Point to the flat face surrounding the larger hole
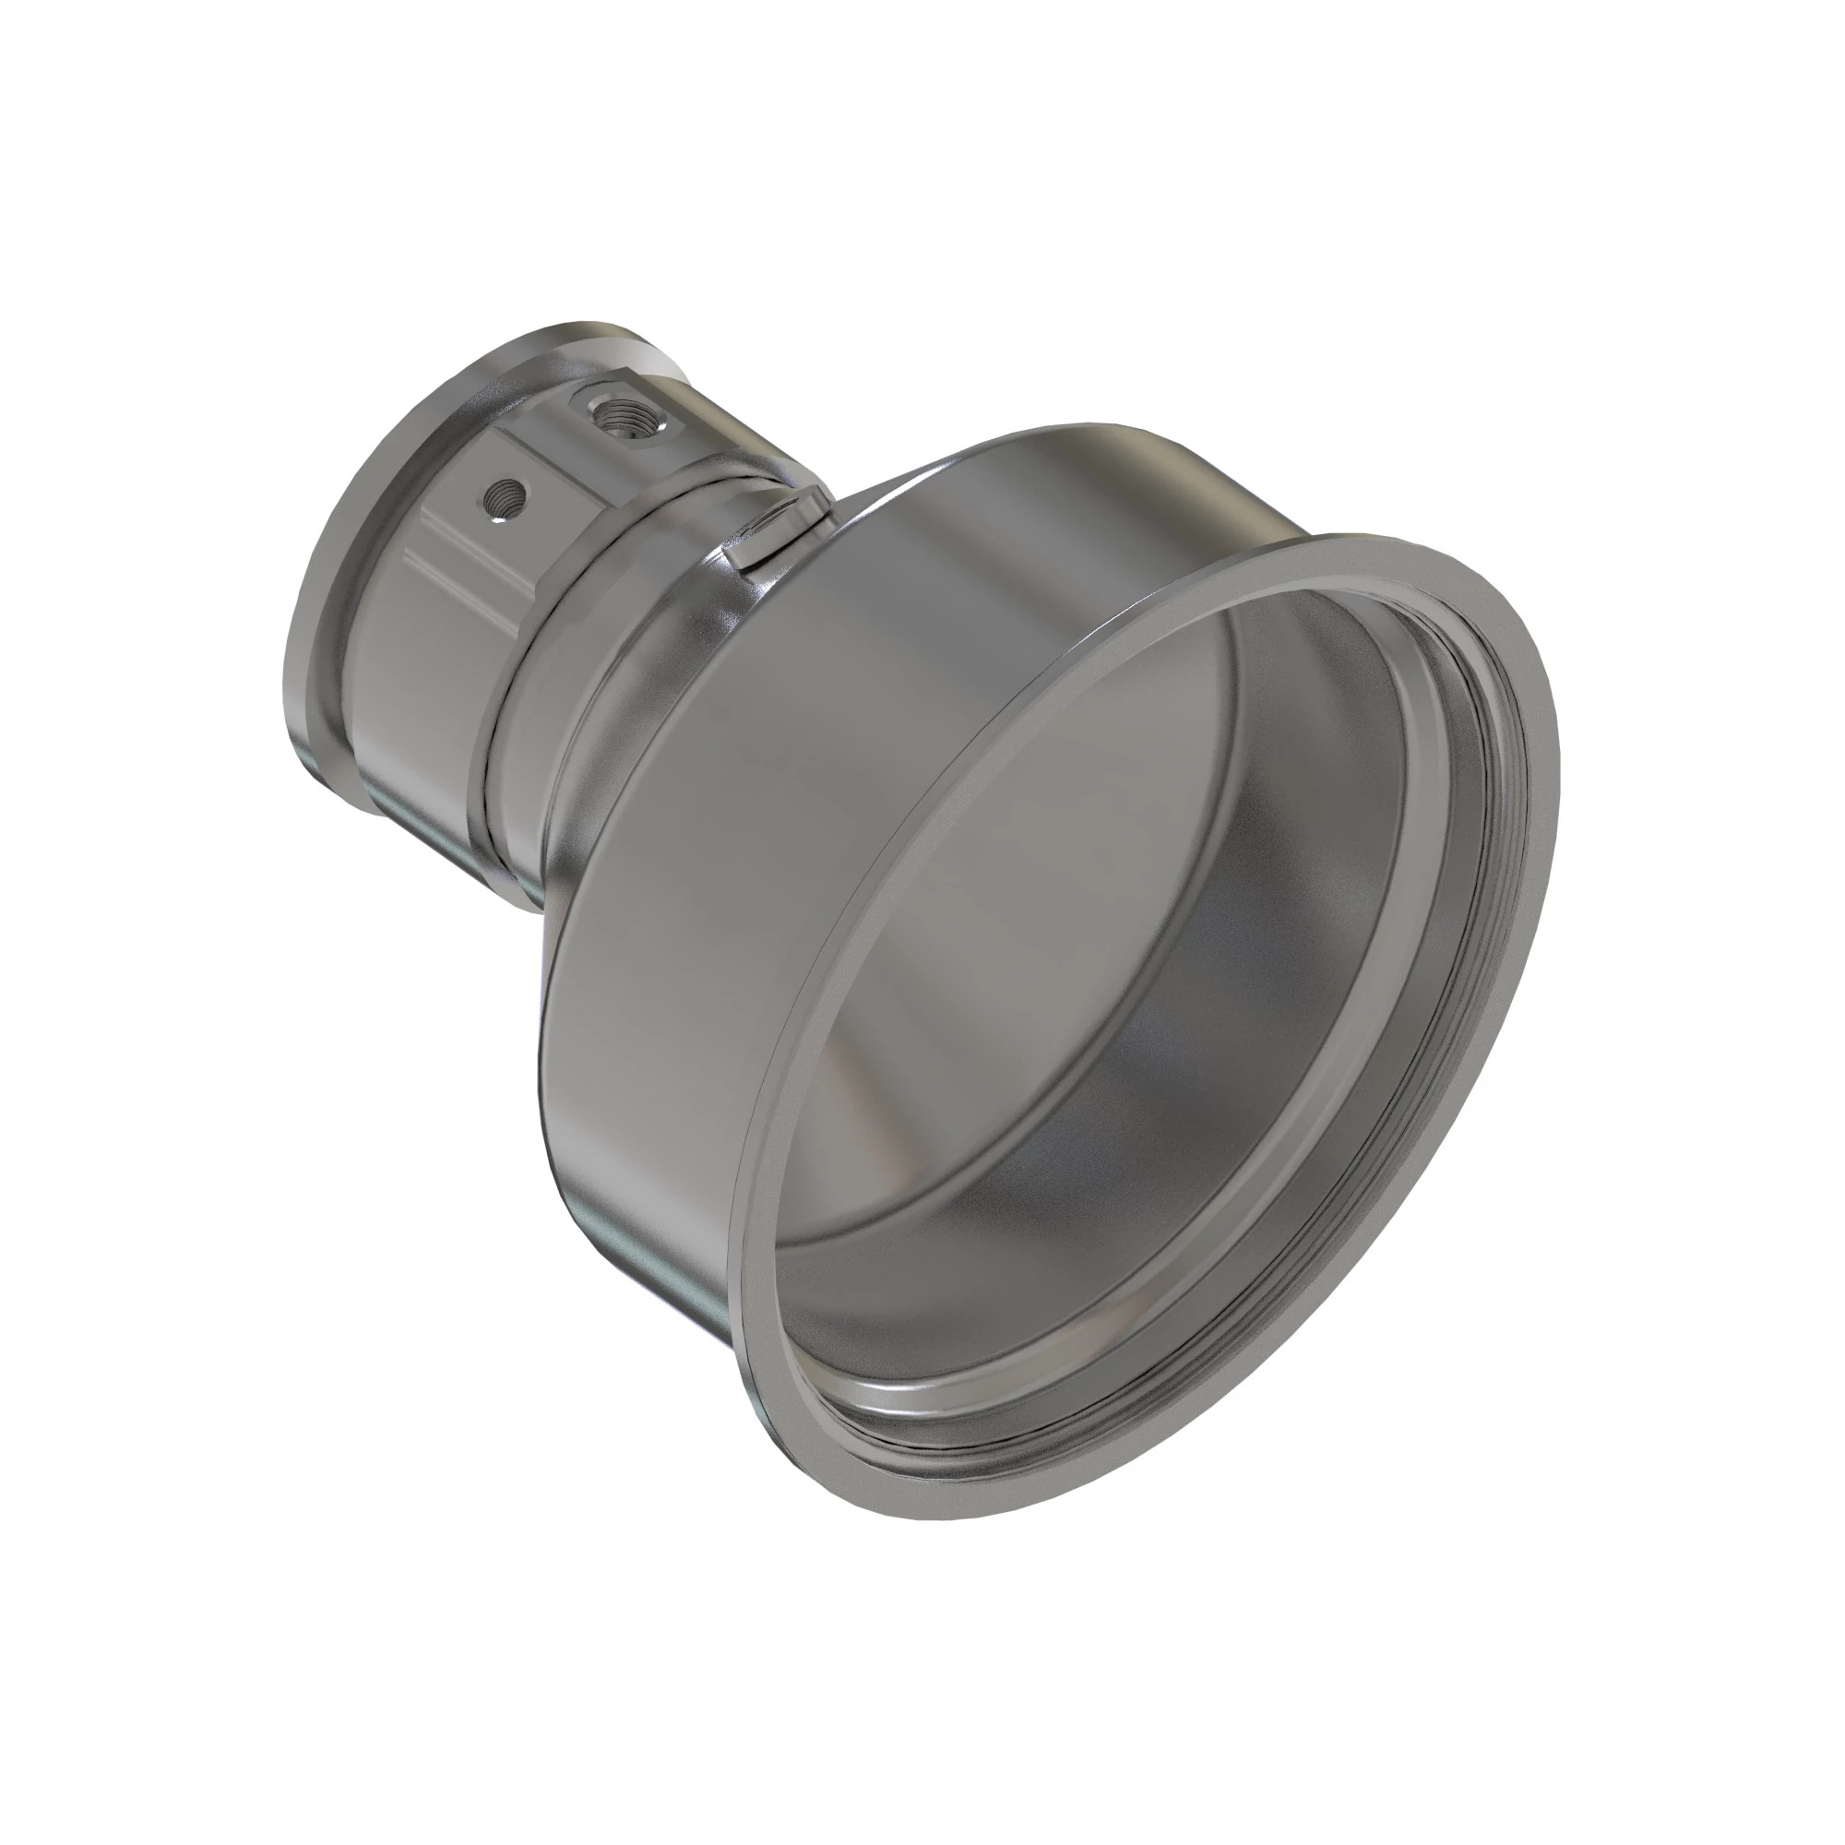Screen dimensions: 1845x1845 click(659, 420)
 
